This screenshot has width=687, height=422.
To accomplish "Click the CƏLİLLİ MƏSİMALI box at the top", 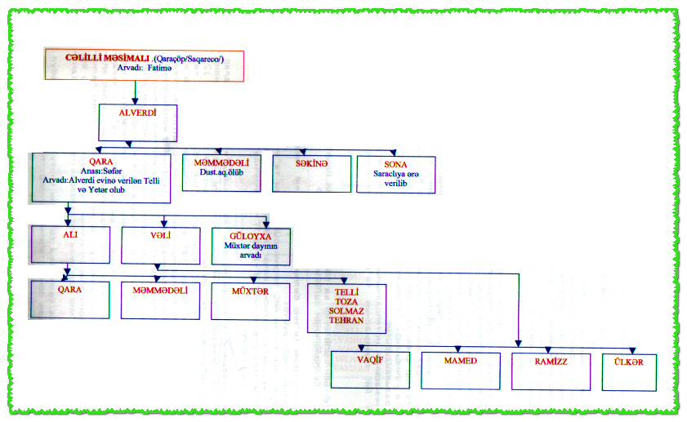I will pos(142,64).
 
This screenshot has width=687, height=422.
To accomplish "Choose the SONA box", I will pos(396,174).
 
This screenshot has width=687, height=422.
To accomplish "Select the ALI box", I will pos(69,243).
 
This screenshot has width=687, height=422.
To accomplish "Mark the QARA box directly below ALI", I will pos(69,299).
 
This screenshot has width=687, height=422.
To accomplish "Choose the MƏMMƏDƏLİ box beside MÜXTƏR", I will pos(160,299).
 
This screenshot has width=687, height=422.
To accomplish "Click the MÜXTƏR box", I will pos(251,299).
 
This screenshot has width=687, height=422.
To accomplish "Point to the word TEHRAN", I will pos(346,321).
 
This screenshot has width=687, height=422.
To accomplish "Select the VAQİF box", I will pos(370,369).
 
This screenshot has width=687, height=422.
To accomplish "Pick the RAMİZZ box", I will pos(551,369).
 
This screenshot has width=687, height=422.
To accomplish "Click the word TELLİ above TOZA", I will pos(346,291).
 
